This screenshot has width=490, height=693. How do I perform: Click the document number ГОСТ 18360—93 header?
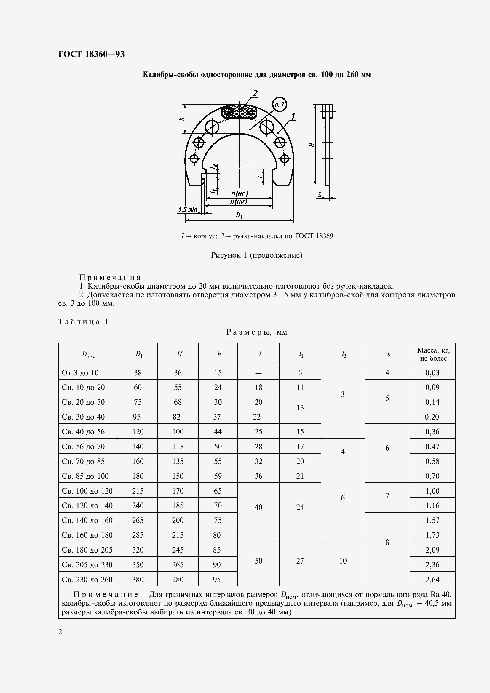91,54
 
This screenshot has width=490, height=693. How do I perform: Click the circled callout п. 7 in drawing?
279,104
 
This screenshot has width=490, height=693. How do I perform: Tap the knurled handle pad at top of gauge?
240,112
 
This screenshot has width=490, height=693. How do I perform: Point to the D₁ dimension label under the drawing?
239,215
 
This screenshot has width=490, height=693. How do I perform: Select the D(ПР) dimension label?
239,202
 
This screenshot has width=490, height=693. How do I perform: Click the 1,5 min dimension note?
187,209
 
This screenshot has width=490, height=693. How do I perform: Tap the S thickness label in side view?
320,195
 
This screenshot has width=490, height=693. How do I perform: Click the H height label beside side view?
312,145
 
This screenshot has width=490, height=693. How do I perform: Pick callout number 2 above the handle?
255,93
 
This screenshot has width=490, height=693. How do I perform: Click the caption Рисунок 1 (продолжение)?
257,255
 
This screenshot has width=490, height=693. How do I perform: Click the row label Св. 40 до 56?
83,432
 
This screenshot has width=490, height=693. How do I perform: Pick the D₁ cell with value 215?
138,491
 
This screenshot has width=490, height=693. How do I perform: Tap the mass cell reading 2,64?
432,580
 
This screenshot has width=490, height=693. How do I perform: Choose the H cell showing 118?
178,446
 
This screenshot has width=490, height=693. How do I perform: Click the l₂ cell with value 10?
343,561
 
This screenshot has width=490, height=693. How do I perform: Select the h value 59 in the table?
218,476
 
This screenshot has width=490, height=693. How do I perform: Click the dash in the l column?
258,373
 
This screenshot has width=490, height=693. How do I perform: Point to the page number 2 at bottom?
60,632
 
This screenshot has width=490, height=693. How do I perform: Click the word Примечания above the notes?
110,277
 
